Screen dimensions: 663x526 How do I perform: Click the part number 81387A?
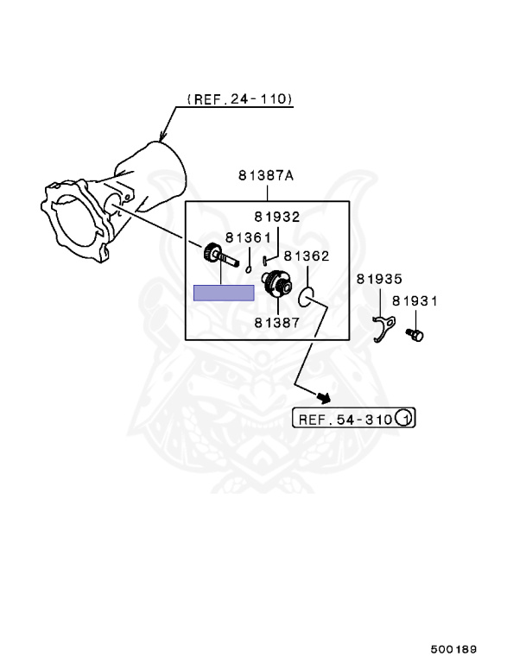[x=266, y=175]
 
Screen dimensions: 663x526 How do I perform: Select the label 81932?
[x=276, y=218]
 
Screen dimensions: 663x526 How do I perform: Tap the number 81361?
[x=248, y=237]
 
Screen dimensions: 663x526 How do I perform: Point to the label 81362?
[x=307, y=256]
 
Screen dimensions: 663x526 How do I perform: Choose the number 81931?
[x=415, y=301]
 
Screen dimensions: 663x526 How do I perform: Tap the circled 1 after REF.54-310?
[x=405, y=420]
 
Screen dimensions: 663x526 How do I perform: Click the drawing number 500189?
[x=455, y=647]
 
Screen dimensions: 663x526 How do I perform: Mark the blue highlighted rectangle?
[x=223, y=293]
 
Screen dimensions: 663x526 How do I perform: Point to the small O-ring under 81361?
[x=248, y=268]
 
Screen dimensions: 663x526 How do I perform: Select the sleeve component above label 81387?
[x=277, y=283]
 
